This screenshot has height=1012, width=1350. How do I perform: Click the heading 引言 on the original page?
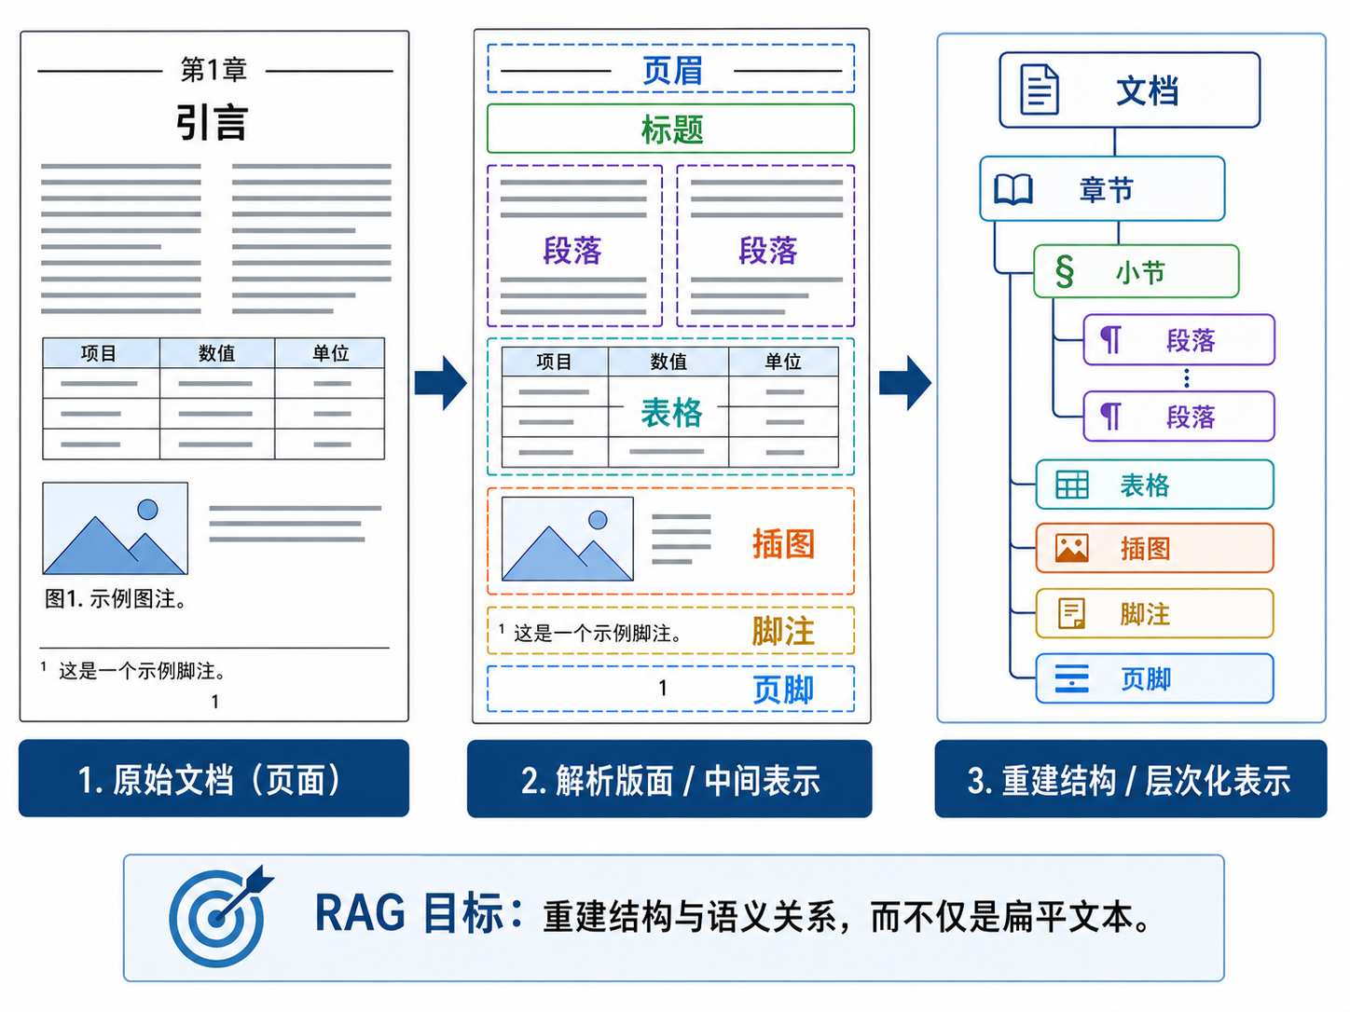click(213, 123)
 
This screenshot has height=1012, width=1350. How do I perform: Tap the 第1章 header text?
click(214, 70)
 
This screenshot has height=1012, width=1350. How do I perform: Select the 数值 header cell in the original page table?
click(217, 353)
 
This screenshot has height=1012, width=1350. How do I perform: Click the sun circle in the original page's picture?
click(147, 510)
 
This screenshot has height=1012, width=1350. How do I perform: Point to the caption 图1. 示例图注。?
click(115, 598)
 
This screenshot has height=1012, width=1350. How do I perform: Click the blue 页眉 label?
click(672, 71)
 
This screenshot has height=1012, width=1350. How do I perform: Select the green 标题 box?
click(670, 129)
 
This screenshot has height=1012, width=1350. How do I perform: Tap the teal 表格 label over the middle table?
click(671, 412)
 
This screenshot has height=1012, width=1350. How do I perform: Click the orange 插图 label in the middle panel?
click(783, 544)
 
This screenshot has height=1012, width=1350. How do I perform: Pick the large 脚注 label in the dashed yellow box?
click(783, 631)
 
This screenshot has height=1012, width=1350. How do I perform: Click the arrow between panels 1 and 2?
click(441, 382)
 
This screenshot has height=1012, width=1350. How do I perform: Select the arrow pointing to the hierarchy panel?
click(905, 382)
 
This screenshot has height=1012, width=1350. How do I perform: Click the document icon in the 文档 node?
click(1040, 89)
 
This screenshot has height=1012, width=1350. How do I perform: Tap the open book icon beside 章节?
click(1012, 188)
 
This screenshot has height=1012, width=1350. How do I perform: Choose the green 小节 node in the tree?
click(1136, 271)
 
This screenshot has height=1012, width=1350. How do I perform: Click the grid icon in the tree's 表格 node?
click(1072, 485)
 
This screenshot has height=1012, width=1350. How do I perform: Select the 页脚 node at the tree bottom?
click(1154, 678)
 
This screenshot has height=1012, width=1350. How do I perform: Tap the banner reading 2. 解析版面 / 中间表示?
click(669, 779)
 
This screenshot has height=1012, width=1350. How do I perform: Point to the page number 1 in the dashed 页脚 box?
click(662, 689)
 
